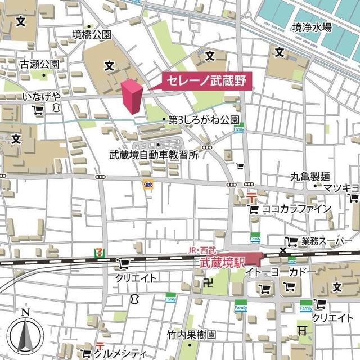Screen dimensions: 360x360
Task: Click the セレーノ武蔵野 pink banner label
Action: tap(206, 81)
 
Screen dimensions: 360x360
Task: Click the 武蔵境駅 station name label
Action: tap(223, 262)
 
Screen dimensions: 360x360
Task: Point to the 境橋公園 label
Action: tap(92, 35)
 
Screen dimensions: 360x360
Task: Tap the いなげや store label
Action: tap(41, 97)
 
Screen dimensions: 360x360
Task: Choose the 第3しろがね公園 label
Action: tap(204, 120)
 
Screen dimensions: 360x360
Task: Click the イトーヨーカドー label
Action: tap(280, 272)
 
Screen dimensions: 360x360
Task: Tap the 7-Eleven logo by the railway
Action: tap(100, 253)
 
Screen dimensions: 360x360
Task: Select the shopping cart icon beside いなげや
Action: tap(38, 111)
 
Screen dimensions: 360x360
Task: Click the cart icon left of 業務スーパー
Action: tap(291, 242)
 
